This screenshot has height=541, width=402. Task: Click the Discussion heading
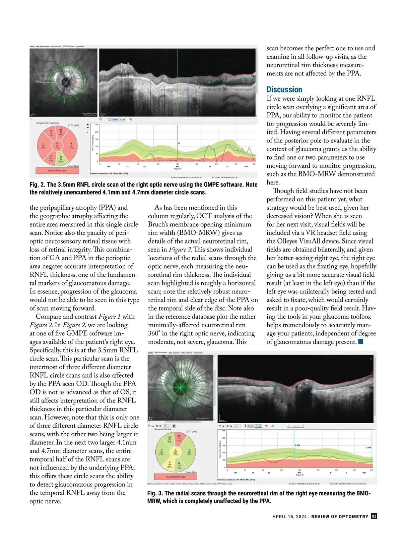click(284, 90)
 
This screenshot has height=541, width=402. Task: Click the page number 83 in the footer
click(374, 516)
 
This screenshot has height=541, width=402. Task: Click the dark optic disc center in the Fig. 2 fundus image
click(66, 80)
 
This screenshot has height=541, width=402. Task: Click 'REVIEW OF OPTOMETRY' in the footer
click(340, 517)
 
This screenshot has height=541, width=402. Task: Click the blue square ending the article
click(360, 342)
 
